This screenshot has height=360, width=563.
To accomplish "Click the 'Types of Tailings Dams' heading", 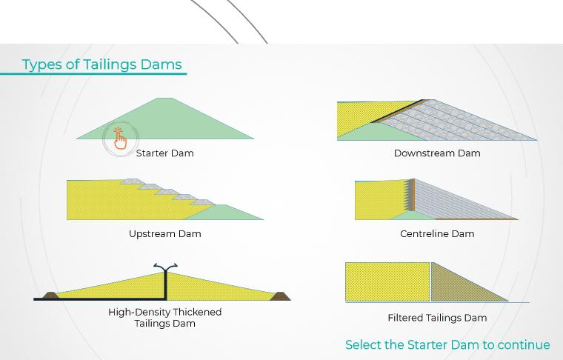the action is pyautogui.click(x=102, y=64).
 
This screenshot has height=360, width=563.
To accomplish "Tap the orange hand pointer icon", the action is pyautogui.click(x=120, y=139).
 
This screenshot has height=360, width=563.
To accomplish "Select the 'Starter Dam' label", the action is pyautogui.click(x=164, y=153).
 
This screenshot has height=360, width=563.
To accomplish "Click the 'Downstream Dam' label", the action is pyautogui.click(x=437, y=153).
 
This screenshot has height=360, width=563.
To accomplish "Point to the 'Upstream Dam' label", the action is pyautogui.click(x=164, y=234).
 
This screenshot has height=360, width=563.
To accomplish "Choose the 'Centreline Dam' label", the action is pyautogui.click(x=437, y=234).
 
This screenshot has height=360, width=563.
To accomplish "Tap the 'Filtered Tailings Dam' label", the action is pyautogui.click(x=437, y=318).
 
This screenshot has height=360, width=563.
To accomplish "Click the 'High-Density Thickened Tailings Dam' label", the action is pyautogui.click(x=164, y=318).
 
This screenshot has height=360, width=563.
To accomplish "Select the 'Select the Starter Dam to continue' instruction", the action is pyautogui.click(x=447, y=344).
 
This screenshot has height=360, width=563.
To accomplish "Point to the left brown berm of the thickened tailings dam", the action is pyautogui.click(x=50, y=296).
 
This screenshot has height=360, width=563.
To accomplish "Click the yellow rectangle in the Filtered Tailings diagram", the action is pyautogui.click(x=387, y=281).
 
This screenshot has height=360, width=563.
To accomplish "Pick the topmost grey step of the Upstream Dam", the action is pyautogui.click(x=133, y=181).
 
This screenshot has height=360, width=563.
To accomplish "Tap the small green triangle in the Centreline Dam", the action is pyautogui.click(x=413, y=216).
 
